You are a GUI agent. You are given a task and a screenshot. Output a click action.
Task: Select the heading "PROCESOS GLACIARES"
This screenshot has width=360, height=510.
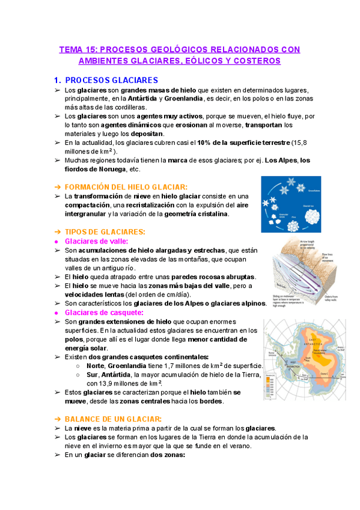click(x=111, y=80)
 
